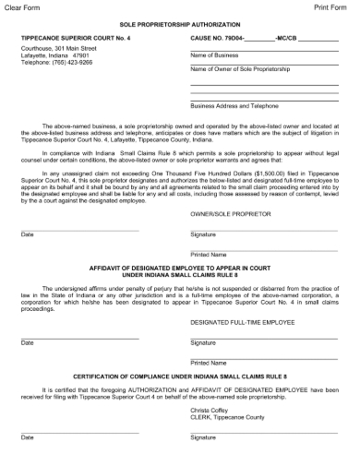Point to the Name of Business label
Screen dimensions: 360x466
click(x=214, y=55)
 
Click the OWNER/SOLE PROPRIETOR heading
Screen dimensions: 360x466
click(x=231, y=213)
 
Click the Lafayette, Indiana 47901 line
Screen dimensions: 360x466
click(x=54, y=55)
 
